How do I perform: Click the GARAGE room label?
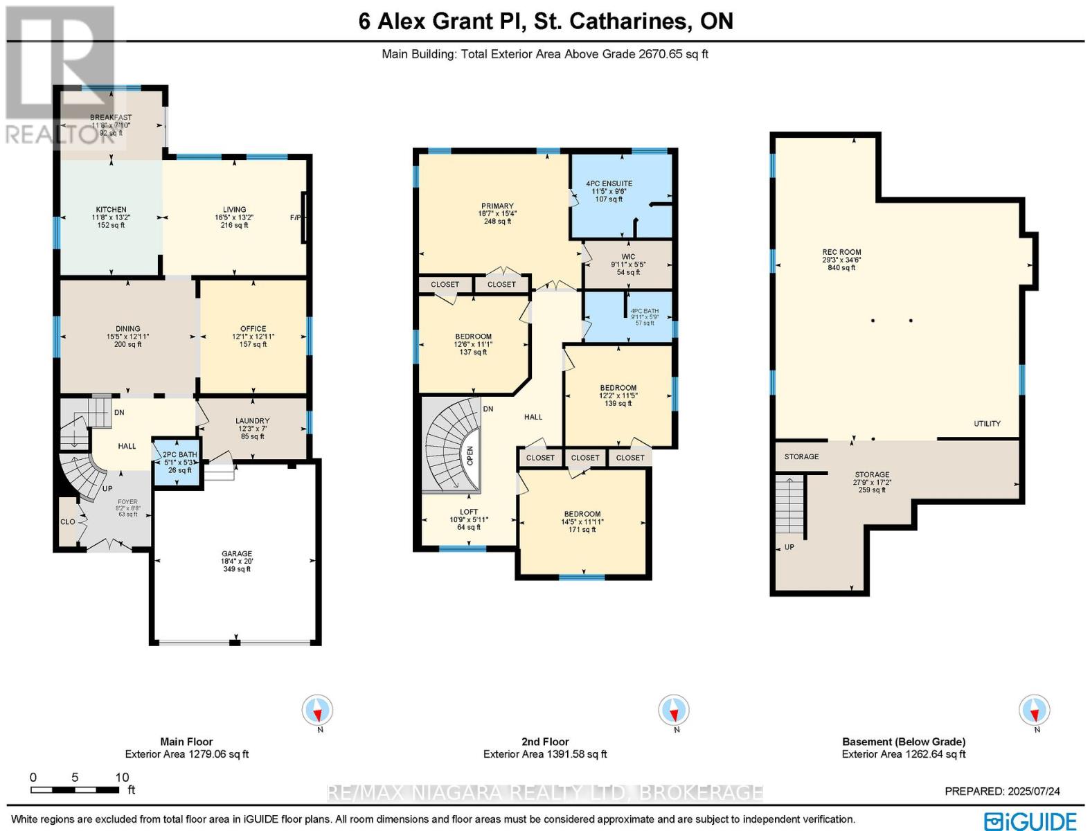click(236, 554)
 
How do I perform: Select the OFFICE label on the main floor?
click(253, 329)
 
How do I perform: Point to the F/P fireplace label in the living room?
click(296, 217)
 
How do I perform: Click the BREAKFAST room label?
click(111, 118)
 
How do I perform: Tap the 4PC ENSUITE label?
click(609, 184)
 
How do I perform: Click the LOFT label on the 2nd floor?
click(469, 512)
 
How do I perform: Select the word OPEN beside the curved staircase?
click(470, 456)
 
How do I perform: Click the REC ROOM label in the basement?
click(841, 253)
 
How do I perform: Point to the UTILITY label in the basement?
click(987, 424)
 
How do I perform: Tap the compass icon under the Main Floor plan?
click(318, 711)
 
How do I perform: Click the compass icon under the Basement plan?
click(1034, 711)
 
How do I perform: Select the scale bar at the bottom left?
click(76, 789)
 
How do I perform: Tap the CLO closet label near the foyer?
click(67, 521)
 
